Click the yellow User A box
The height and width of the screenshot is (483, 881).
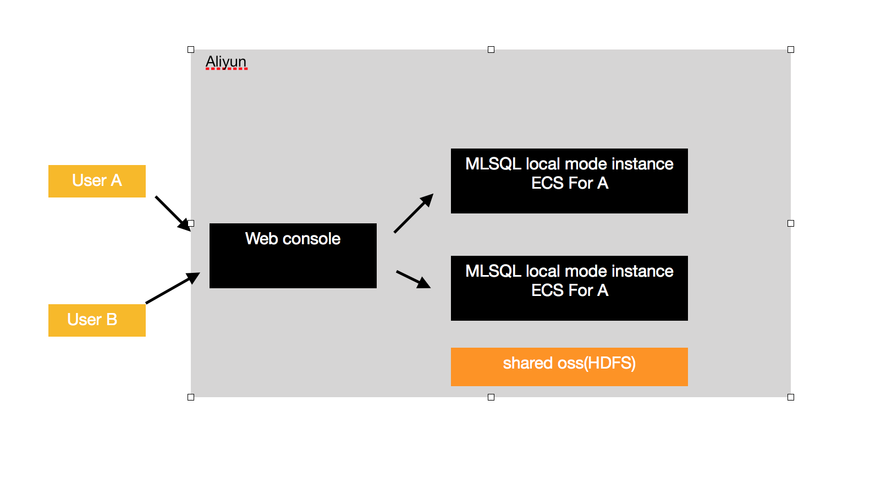point(97,181)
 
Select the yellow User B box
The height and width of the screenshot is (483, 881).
point(97,320)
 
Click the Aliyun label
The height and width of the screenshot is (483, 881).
point(226,62)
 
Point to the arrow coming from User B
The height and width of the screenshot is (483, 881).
point(172,288)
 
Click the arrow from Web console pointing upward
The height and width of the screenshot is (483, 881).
point(413,213)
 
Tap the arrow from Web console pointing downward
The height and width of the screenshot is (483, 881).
point(412,279)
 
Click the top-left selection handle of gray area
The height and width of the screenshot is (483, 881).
point(191,50)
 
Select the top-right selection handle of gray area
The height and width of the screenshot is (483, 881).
point(791,50)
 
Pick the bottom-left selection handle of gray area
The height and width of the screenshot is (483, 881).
point(191,397)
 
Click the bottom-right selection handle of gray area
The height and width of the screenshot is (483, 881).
point(791,397)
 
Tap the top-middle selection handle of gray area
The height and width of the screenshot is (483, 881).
point(491,50)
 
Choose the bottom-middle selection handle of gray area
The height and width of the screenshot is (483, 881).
point(491,397)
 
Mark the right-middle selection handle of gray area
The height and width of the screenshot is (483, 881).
point(791,223)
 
